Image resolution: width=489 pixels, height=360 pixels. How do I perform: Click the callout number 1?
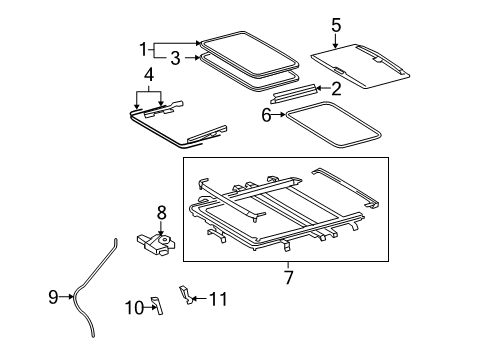tap(143, 47)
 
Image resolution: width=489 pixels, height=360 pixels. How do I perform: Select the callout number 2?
tap(336, 89)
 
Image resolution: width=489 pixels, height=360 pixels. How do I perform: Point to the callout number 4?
tap(148, 74)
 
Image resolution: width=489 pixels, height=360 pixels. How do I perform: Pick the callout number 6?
tap(267, 116)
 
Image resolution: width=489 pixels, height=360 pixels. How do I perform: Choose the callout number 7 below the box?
tap(288, 276)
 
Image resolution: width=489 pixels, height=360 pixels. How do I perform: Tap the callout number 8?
tap(160, 212)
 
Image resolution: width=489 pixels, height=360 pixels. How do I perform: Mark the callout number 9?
tap(54, 296)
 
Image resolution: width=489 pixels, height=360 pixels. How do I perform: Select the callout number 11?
tap(222, 299)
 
